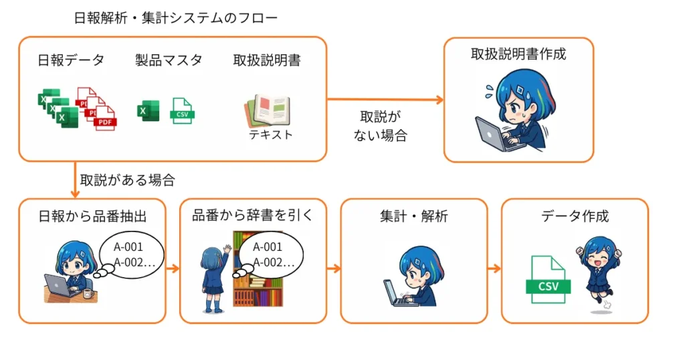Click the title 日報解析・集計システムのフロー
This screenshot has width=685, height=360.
[x=175, y=18]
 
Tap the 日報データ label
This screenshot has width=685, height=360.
[x=72, y=60]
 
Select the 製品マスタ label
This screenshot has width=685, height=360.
[x=169, y=60]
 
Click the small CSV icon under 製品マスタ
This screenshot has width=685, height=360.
[x=182, y=110]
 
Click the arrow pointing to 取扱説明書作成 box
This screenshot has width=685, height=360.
[x=385, y=100]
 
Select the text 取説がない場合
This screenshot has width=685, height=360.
[x=379, y=126]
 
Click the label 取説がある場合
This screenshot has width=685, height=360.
[x=127, y=180]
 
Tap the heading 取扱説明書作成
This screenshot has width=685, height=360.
[x=518, y=54]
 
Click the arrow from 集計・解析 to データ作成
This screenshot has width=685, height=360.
[x=494, y=269]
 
